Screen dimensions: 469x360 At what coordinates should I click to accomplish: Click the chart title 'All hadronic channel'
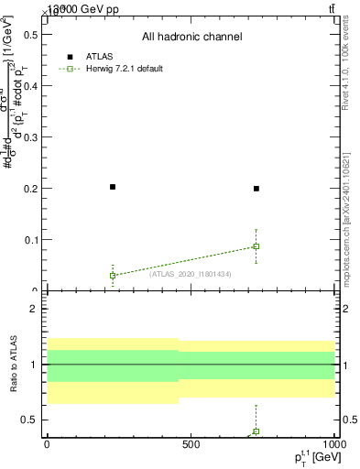pos(191,37)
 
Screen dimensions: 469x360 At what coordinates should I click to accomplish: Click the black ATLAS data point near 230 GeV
pos(113,187)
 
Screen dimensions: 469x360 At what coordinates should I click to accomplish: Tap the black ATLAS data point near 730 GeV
pos(256,189)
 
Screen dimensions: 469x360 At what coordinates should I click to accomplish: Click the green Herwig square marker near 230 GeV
pos(113,275)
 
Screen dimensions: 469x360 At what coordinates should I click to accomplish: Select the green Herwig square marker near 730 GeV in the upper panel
pos(256,246)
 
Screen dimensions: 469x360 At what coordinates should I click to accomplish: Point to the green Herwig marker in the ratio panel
pos(256,431)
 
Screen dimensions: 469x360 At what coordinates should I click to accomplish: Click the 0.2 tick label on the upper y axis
pos(29,189)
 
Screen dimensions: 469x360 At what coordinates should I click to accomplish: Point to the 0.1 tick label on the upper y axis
pos(29,240)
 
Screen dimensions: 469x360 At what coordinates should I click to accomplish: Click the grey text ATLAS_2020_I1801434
pos(190,274)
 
